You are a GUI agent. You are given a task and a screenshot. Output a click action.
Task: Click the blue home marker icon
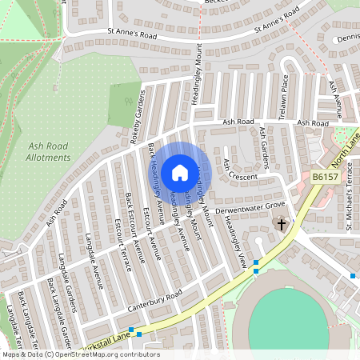point(180,172)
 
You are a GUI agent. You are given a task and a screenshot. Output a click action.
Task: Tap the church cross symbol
point(281,226)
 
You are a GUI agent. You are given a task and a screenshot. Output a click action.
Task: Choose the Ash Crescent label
point(240,170)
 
